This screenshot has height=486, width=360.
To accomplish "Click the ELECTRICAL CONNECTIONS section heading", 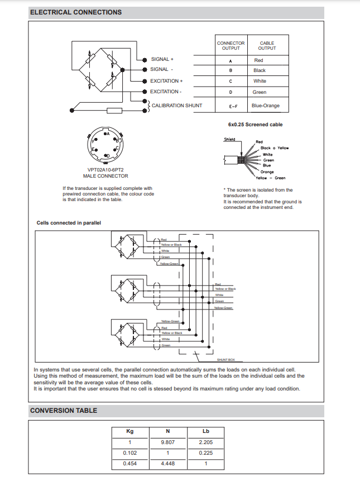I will click(76, 12).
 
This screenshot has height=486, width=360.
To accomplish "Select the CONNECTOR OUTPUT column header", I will click(231, 46).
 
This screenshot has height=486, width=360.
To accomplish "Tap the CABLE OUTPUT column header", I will click(267, 46).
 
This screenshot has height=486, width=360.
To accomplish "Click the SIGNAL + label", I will click(162, 59).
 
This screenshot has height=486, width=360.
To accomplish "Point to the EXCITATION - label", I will click(165, 92).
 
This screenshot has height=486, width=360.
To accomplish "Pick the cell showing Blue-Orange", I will click(266, 106).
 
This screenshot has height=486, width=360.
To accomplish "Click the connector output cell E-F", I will click(231, 106).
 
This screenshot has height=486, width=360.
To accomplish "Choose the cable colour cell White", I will click(260, 81).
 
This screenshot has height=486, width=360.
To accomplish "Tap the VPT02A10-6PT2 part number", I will click(105, 170).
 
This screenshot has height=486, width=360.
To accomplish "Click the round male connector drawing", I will click(104, 145).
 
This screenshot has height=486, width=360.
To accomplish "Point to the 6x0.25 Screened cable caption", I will click(255, 125).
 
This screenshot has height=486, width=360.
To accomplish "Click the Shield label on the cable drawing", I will click(229, 140).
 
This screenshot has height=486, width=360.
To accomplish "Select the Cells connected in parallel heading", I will click(69, 223).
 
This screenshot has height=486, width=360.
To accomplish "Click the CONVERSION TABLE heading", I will click(64, 411).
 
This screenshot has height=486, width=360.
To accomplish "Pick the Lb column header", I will click(206, 431).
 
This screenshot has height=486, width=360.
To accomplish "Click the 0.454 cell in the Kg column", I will click(130, 464).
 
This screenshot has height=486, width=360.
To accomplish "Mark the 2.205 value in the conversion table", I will click(206, 442).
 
